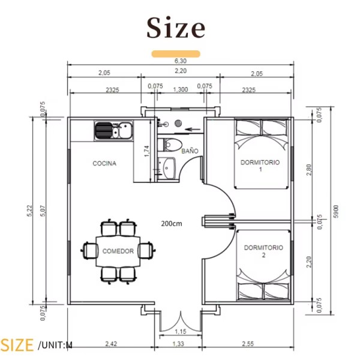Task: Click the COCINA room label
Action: (x=104, y=163)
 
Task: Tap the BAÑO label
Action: (x=190, y=151)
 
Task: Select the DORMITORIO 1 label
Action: (x=260, y=166)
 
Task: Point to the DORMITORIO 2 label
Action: (x=263, y=251)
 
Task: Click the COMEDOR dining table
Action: (x=118, y=251)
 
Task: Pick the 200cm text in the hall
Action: (x=172, y=223)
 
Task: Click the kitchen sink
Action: (x=113, y=131)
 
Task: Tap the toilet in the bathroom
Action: (x=170, y=145)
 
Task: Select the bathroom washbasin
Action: (x=167, y=168)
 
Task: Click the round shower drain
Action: (x=178, y=123)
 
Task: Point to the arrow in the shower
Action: (x=193, y=129)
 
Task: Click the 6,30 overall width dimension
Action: (x=181, y=61)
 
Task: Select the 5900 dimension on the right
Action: (x=335, y=211)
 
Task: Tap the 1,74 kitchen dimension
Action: (x=147, y=151)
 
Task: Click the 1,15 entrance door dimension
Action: (x=181, y=331)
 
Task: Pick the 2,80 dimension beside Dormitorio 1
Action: (x=309, y=170)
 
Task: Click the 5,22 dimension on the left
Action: (x=30, y=211)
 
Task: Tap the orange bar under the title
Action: (x=176, y=54)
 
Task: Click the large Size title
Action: (x=176, y=28)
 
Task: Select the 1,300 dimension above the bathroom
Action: (x=181, y=89)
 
